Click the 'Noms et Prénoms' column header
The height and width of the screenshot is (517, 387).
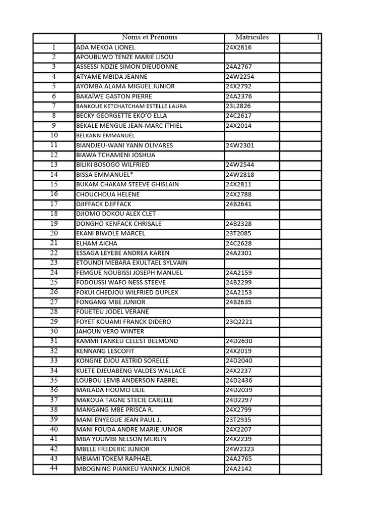tap(150, 37)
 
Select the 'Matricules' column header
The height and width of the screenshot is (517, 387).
tap(252, 37)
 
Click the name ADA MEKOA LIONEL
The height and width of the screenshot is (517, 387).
tap(105, 47)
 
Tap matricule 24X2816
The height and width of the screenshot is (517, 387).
tap(238, 47)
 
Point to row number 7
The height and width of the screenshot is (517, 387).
tap(54, 106)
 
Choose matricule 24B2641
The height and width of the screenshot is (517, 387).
tap(238, 204)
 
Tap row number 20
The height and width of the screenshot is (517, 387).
tap(54, 233)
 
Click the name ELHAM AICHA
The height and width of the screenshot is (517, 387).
tap(94, 243)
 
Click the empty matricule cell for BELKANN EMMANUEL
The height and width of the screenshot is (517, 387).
tap(251, 135)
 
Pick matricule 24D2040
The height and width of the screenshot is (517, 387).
tap(239, 360)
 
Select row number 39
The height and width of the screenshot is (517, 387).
tap(54, 419)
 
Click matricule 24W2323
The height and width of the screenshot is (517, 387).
tap(239, 449)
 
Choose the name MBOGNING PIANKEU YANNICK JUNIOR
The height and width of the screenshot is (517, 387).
tap(133, 469)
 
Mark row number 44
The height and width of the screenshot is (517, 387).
tap(54, 469)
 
